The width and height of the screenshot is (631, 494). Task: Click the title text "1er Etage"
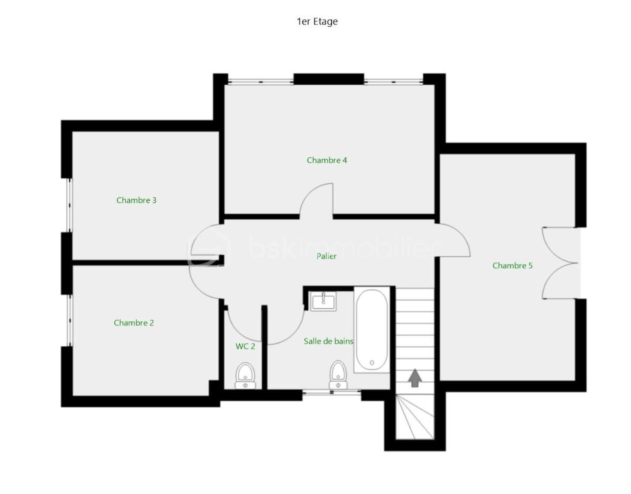click(317, 21)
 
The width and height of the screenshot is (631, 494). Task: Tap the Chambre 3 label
click(136, 200)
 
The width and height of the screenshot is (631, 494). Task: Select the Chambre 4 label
click(327, 160)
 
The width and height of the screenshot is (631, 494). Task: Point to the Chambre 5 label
click(512, 266)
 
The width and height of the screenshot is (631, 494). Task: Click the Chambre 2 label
click(134, 323)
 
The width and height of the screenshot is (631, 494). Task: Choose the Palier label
click(326, 256)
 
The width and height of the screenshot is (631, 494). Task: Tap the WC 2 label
click(245, 346)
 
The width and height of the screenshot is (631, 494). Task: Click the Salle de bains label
click(328, 341)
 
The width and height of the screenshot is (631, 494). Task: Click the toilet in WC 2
click(245, 375)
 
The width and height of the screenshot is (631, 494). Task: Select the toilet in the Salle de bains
click(338, 375)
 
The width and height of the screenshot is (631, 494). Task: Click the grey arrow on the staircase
click(415, 378)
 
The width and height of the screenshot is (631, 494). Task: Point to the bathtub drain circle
click(372, 363)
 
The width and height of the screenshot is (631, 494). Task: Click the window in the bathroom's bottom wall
click(332, 392)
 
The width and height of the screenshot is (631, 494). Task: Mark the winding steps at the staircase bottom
click(415, 417)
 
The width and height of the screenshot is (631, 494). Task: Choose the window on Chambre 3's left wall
click(69, 205)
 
